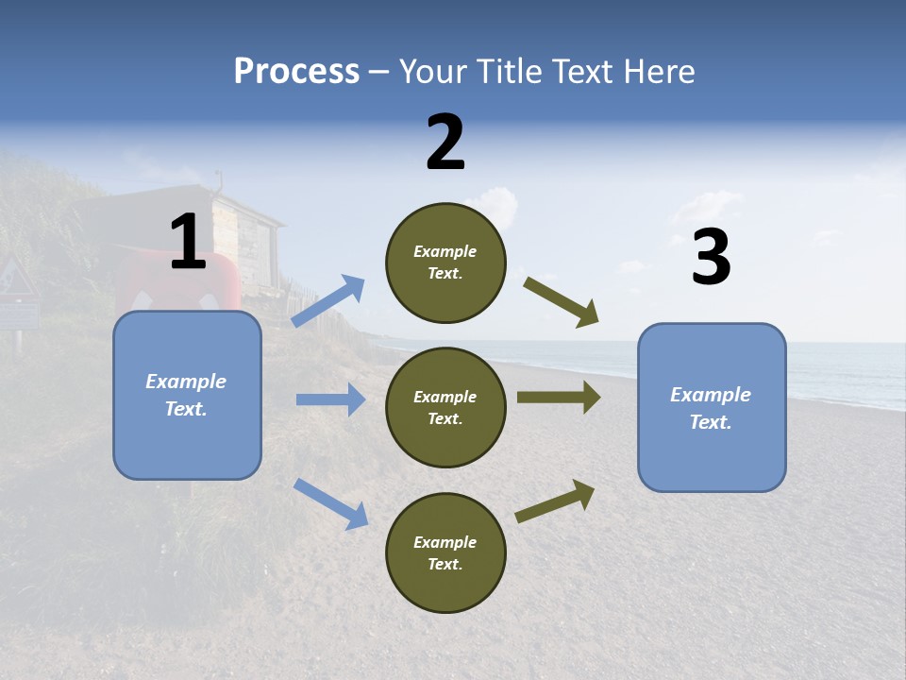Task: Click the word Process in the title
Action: [296, 72]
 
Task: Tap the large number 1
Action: [188, 243]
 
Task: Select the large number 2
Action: [445, 143]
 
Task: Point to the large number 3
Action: [711, 258]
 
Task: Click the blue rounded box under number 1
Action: [187, 395]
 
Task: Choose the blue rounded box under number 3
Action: [712, 407]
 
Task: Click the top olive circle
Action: [445, 263]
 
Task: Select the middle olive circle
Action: [445, 407]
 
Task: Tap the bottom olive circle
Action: [445, 552]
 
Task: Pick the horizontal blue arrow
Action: [331, 399]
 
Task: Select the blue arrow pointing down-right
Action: [331, 503]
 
